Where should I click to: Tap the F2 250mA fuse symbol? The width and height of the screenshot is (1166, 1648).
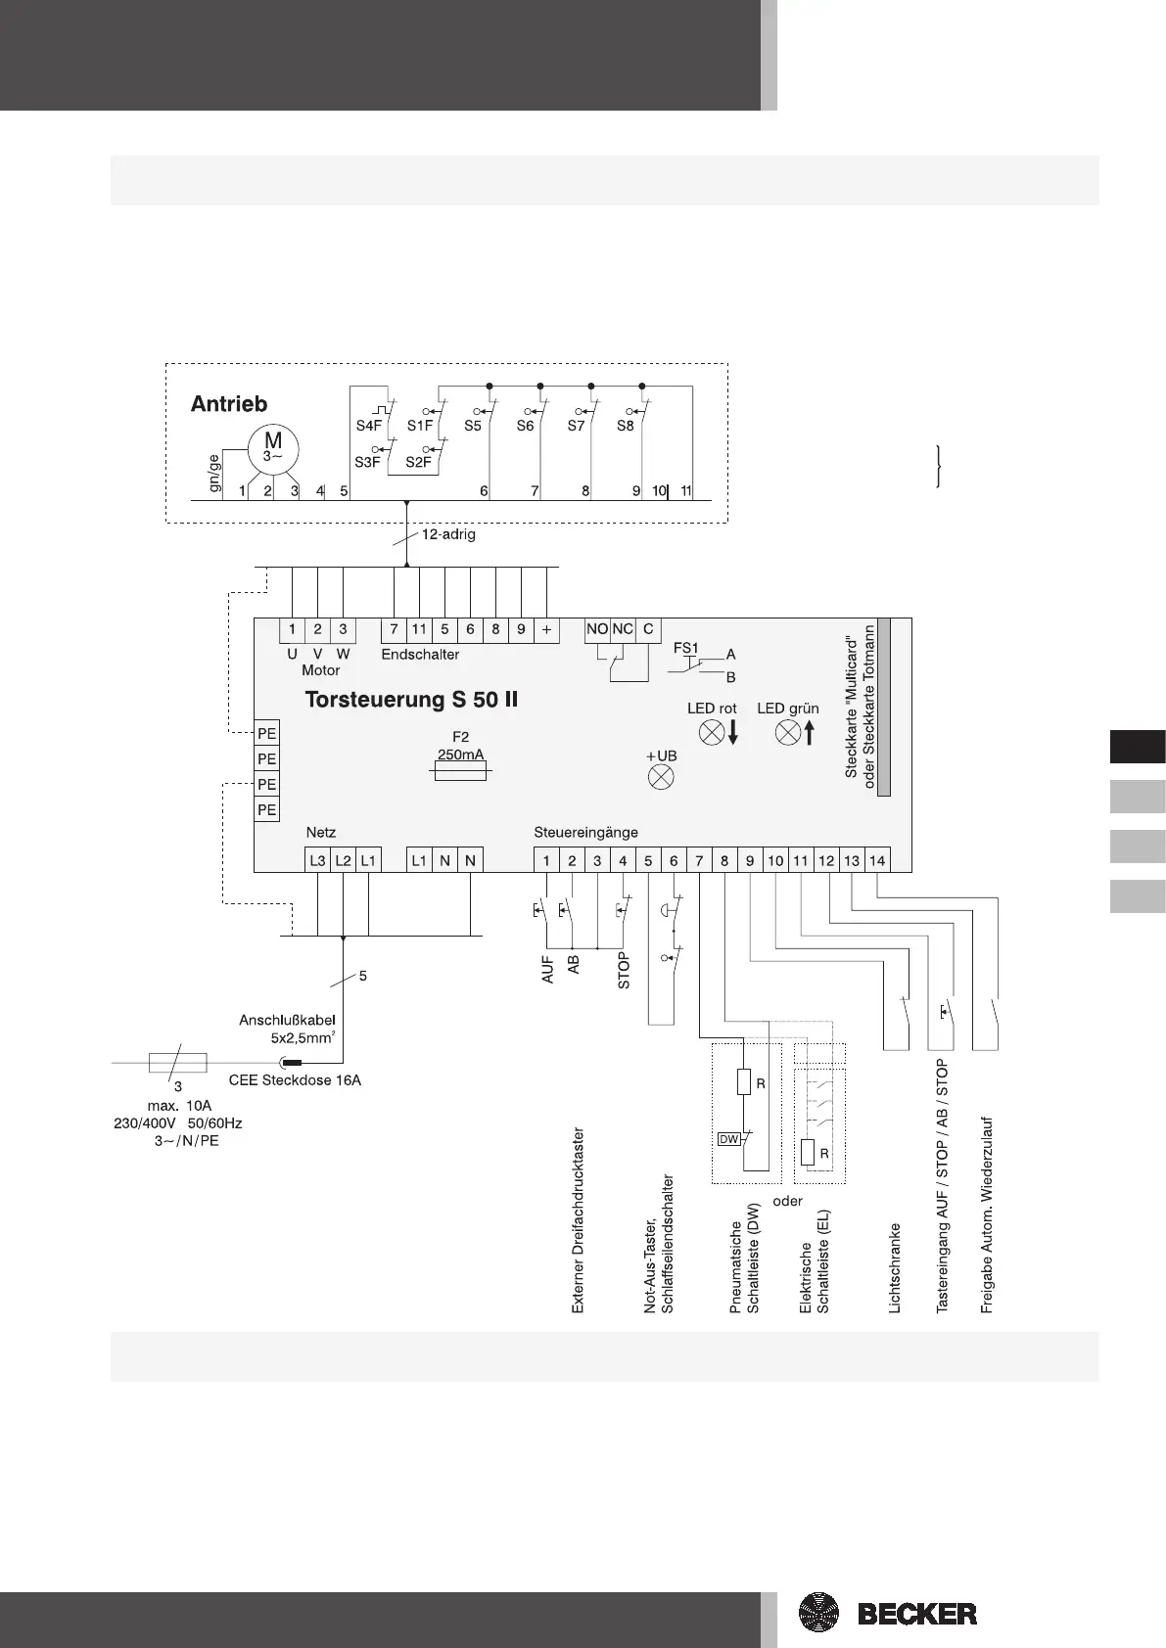pyautogui.click(x=461, y=772)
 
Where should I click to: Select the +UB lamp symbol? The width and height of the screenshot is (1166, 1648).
pyautogui.click(x=662, y=778)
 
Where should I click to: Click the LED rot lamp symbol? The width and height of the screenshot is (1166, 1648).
pyautogui.click(x=711, y=732)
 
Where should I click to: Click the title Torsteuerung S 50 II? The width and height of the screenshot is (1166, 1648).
pyautogui.click(x=412, y=701)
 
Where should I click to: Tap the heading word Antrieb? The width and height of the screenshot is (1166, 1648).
pyautogui.click(x=228, y=404)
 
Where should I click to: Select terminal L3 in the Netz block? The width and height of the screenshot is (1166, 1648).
pyautogui.click(x=317, y=860)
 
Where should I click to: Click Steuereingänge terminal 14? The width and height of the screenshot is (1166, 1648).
pyautogui.click(x=877, y=860)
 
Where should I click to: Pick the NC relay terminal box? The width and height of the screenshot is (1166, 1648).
pyautogui.click(x=623, y=629)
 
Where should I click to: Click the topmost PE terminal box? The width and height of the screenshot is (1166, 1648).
pyautogui.click(x=266, y=733)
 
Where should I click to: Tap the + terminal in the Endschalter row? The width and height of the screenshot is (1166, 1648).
pyautogui.click(x=546, y=629)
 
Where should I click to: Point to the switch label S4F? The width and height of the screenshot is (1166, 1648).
pyautogui.click(x=368, y=427)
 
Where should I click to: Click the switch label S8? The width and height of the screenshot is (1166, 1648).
pyautogui.click(x=625, y=427)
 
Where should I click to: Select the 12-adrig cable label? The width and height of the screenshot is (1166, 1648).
pyautogui.click(x=448, y=535)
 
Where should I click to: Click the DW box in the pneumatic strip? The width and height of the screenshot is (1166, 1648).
pyautogui.click(x=729, y=1139)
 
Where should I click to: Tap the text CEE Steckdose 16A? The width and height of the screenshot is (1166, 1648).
pyautogui.click(x=295, y=1080)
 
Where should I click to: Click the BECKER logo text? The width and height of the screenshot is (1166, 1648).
pyautogui.click(x=917, y=1613)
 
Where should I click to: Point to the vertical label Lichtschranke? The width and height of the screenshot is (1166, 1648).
pyautogui.click(x=895, y=1267)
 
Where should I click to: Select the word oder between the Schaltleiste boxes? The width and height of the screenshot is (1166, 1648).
pyautogui.click(x=787, y=1201)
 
